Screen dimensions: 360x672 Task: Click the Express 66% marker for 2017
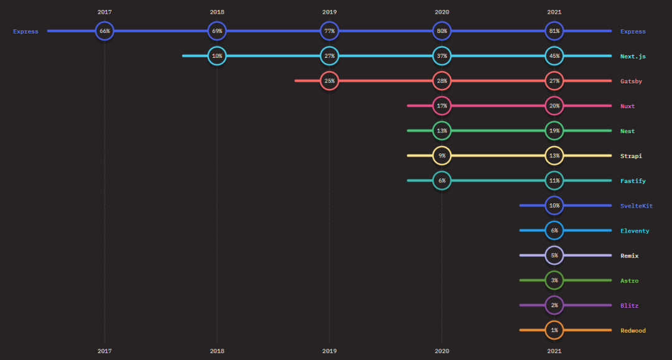105,31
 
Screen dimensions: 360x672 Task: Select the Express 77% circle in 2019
329,31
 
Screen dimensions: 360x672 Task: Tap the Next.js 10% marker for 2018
217,56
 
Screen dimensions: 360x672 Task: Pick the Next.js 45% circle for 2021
554,56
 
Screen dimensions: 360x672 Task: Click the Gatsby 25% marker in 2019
329,81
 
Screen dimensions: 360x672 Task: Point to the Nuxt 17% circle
441,106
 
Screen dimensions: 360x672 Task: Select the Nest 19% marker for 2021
554,131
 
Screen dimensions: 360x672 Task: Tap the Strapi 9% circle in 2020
441,155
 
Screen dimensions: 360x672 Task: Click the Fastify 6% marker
441,180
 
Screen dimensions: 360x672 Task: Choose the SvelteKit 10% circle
554,205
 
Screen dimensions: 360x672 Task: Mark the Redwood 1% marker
554,330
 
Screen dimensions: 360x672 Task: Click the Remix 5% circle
554,255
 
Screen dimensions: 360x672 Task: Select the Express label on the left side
26,32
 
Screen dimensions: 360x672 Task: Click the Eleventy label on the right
635,231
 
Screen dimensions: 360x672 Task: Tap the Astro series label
629,280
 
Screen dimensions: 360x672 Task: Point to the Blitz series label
629,305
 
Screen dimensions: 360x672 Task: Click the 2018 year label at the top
217,12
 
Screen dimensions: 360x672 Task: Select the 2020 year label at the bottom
441,351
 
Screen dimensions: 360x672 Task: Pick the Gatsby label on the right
631,81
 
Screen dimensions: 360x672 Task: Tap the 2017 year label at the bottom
105,351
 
